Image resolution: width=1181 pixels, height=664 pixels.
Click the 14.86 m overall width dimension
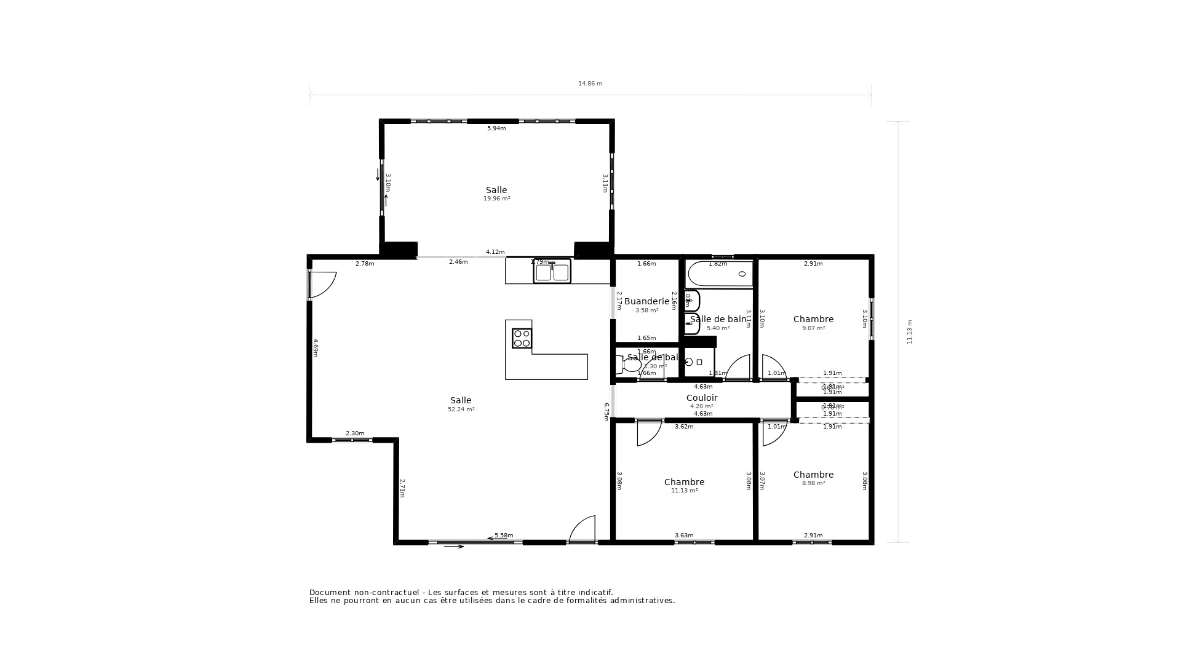[x=590, y=84]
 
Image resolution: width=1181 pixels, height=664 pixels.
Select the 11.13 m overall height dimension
[x=910, y=331]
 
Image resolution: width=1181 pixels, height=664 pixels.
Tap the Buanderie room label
[x=646, y=301]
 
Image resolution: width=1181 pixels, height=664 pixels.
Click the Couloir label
[x=702, y=398]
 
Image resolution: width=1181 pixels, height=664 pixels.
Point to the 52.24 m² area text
[x=461, y=409]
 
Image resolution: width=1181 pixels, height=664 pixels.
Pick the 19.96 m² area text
[x=496, y=199]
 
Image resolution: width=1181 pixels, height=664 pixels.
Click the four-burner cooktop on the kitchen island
[x=522, y=338]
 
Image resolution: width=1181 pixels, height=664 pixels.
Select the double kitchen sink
[x=552, y=272]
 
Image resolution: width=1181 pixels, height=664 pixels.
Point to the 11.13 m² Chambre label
[x=684, y=482]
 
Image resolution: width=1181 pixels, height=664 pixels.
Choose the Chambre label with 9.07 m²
[x=813, y=319]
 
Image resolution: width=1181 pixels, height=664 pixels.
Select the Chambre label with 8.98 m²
[x=813, y=475]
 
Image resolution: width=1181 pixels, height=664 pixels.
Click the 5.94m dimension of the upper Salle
[x=496, y=128]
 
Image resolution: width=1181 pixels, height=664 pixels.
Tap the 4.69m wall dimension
[x=316, y=347]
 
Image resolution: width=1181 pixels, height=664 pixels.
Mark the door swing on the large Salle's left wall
[x=322, y=285]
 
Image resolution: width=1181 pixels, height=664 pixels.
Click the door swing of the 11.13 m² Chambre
[x=648, y=433]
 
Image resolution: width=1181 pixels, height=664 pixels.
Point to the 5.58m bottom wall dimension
[x=504, y=536]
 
